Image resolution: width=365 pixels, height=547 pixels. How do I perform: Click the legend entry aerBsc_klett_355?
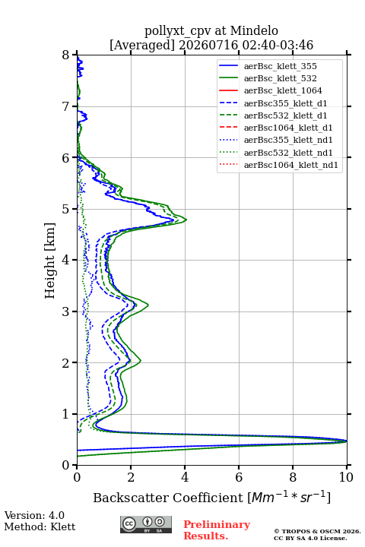point(280,66)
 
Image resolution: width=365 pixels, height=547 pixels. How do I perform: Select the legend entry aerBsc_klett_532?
point(280,78)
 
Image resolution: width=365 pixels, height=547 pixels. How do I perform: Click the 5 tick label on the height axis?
point(66,210)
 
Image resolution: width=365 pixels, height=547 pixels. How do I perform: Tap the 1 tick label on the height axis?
point(66,414)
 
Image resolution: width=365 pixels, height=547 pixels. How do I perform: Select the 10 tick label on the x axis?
point(346,477)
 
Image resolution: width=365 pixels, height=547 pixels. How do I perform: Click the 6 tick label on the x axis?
point(239,477)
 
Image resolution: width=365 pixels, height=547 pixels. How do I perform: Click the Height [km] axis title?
point(50,261)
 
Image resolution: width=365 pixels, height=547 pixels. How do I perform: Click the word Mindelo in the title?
point(254,30)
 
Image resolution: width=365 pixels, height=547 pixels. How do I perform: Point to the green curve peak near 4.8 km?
point(186,220)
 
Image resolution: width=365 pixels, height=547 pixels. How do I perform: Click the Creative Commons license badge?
point(146,525)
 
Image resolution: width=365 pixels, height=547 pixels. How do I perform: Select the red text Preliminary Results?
point(217,530)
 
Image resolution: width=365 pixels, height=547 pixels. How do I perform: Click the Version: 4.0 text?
point(34,515)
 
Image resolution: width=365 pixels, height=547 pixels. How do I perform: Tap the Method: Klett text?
point(40,526)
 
